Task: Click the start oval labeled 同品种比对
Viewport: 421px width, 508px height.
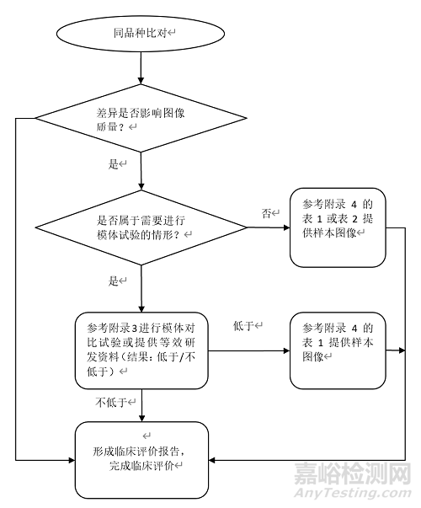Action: click(141, 33)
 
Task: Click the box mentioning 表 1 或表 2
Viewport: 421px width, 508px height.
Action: click(338, 217)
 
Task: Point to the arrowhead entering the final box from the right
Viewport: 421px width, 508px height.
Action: click(214, 460)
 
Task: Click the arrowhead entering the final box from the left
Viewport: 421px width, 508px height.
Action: click(70, 460)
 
